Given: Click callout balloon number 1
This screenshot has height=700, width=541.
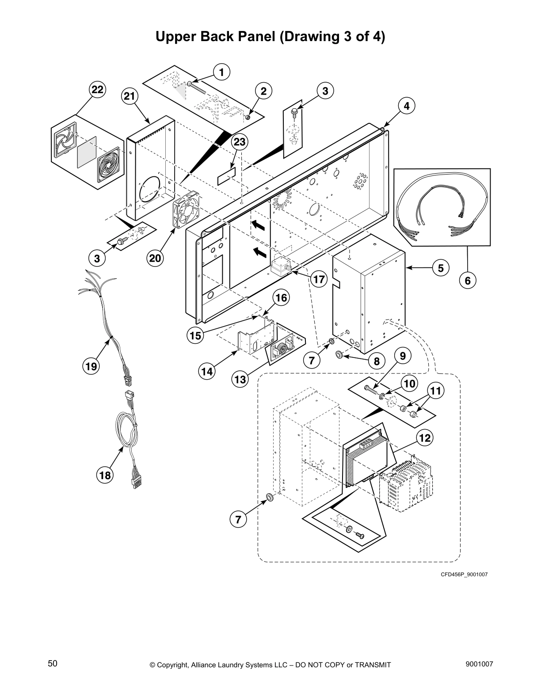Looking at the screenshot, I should tap(222, 72).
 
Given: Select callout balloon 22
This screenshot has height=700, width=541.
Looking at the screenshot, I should tap(97, 90).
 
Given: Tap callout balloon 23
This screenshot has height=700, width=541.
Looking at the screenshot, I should tap(239, 142).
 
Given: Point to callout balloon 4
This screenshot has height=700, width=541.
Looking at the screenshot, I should tap(406, 106).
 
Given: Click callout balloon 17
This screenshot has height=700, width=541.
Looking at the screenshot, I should tap(318, 279).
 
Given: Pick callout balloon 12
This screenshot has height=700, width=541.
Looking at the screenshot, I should tap(424, 438).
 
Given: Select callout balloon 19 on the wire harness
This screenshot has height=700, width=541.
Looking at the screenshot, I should tap(91, 366).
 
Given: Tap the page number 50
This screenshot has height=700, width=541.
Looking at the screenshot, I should tap(53, 663).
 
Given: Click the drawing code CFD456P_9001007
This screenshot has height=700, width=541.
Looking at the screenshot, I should tap(464, 574).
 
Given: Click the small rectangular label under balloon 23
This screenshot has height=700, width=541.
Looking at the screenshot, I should tap(227, 176).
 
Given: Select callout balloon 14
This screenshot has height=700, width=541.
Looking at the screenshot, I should tap(207, 371).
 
